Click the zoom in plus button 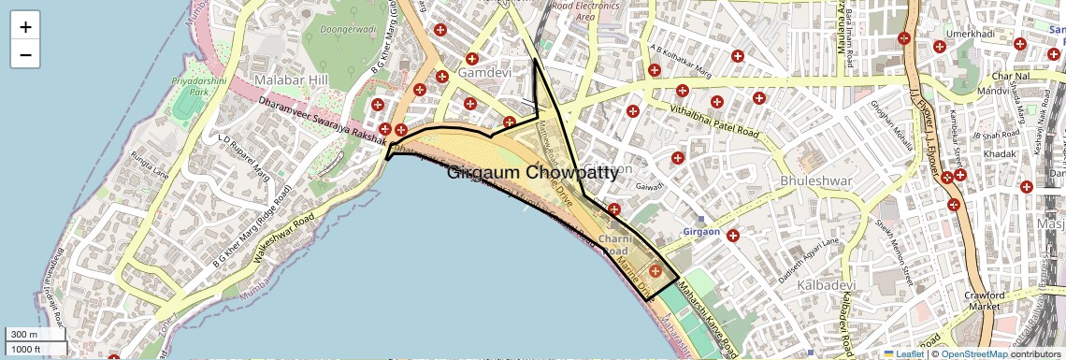pos(25,27)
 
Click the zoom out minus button pos(25,55)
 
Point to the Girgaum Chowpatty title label pos(532,173)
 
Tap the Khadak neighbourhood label pos(1012,151)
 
